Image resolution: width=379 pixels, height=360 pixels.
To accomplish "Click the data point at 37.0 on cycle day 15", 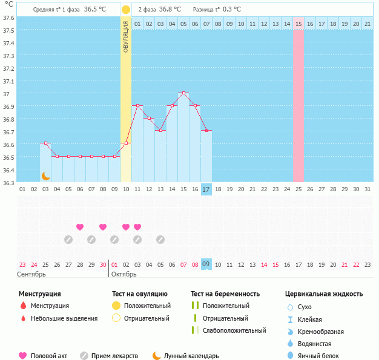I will click(183, 93).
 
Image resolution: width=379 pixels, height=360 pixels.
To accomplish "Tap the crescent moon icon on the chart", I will click(45, 175).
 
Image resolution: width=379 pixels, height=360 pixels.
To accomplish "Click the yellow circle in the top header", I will click(125, 10).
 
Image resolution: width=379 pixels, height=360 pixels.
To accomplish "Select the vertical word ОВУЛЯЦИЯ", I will click(125, 36).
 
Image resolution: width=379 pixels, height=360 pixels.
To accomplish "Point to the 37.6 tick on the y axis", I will click(8, 18).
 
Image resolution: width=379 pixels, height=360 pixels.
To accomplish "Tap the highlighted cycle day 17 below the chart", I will click(206, 189).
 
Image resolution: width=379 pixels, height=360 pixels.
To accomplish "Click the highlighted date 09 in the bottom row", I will click(206, 264).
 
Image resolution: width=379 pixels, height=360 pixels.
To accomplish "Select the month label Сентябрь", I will click(31, 274).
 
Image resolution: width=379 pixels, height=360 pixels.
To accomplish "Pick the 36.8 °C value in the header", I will click(170, 10).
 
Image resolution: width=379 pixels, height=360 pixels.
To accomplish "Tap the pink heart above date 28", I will click(80, 227).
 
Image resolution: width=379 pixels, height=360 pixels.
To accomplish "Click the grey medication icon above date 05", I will click(160, 240).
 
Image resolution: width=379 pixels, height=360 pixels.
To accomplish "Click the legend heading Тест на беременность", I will click(225, 294).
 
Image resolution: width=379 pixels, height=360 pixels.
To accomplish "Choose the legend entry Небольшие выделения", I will click(64, 318).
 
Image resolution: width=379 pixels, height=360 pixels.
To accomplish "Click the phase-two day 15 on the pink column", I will click(298, 24).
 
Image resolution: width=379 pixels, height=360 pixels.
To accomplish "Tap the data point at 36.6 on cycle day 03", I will click(45, 143).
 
